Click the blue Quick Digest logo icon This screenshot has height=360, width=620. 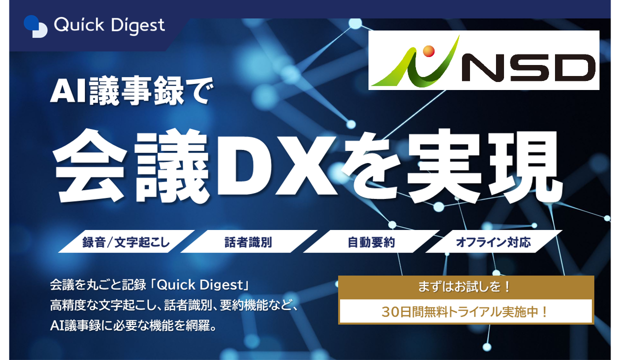tap(35, 26)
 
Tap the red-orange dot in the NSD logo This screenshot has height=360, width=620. tap(428, 51)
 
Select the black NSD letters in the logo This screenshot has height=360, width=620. tap(528, 68)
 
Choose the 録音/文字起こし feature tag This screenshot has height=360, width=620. tap(126, 241)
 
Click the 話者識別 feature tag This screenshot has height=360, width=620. tap(248, 241)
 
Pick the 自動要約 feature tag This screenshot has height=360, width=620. tap(371, 241)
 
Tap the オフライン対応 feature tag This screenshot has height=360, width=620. tap(493, 241)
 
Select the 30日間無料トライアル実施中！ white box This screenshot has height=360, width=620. tap(466, 311)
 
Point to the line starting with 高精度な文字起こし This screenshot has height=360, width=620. tap(174, 305)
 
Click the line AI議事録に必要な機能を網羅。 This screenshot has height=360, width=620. tap(133, 326)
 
